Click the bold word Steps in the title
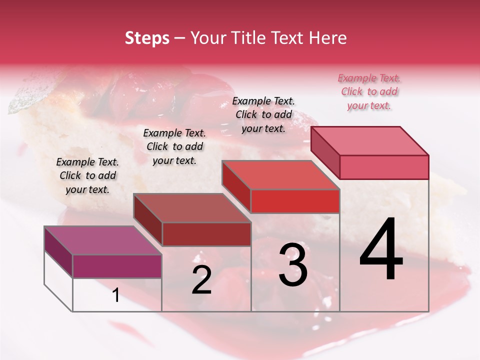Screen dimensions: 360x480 point(147,38)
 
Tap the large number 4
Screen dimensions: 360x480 point(381,249)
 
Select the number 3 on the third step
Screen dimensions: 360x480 point(293,265)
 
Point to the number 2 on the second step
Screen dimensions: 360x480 point(201,280)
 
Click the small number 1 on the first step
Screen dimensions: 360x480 point(116,295)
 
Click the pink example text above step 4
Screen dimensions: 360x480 point(369,91)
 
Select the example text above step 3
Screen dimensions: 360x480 point(263,114)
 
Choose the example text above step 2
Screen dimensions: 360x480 point(174,146)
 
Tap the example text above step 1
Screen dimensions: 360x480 point(87,175)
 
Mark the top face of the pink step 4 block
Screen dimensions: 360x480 point(369,140)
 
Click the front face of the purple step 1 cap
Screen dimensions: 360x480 point(117,266)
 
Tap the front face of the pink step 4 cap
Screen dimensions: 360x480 point(384,167)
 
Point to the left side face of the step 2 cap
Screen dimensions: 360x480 point(147,220)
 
